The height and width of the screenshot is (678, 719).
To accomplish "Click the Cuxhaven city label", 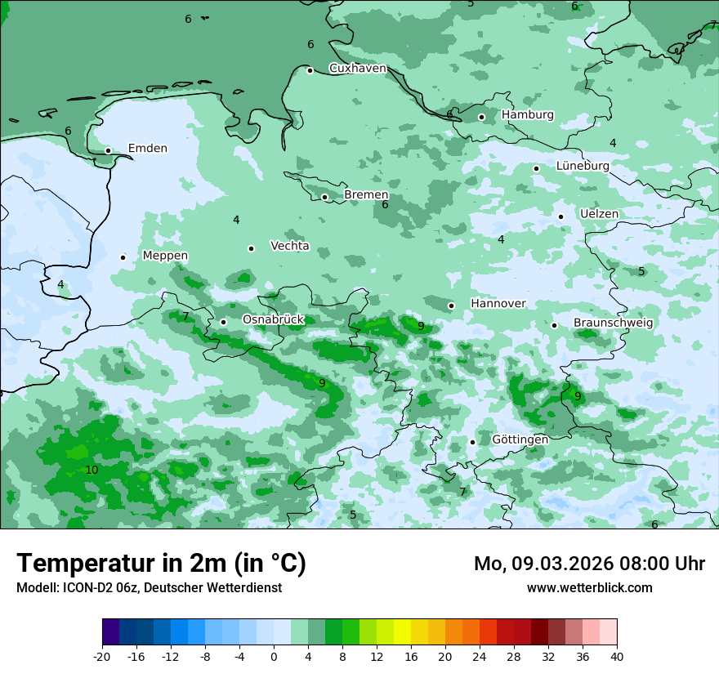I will coord(357,69).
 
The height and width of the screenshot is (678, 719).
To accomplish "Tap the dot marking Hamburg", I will coord(481,117).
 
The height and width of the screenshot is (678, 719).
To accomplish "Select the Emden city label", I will coord(147,149).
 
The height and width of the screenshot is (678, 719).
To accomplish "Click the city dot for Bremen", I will coord(324,197).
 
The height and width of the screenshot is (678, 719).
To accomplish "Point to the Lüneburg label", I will coord(582,166).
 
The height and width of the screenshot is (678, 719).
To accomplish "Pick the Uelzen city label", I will coord(599,214).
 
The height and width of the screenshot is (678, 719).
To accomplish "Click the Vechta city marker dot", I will coord(251,248).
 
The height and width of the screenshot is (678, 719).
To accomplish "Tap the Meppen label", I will coord(165,256).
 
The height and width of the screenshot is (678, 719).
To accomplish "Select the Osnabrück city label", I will coord(273,319).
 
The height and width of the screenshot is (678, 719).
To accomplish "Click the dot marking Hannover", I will coord(451,306).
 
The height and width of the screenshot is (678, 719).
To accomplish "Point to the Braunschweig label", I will coord(613,323).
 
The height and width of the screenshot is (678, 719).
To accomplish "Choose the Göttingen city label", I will coord(520,439).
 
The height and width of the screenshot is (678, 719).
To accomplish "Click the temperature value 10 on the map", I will coord(92,470).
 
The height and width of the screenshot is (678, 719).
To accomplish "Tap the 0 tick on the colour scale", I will coord(274,657).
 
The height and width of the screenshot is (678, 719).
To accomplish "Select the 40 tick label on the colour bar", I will coord(617,657).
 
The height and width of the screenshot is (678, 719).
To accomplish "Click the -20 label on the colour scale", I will coord(102,657).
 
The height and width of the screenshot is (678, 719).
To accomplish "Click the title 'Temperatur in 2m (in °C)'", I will coord(161,563).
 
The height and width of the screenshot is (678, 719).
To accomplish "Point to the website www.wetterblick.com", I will coord(589,587).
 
